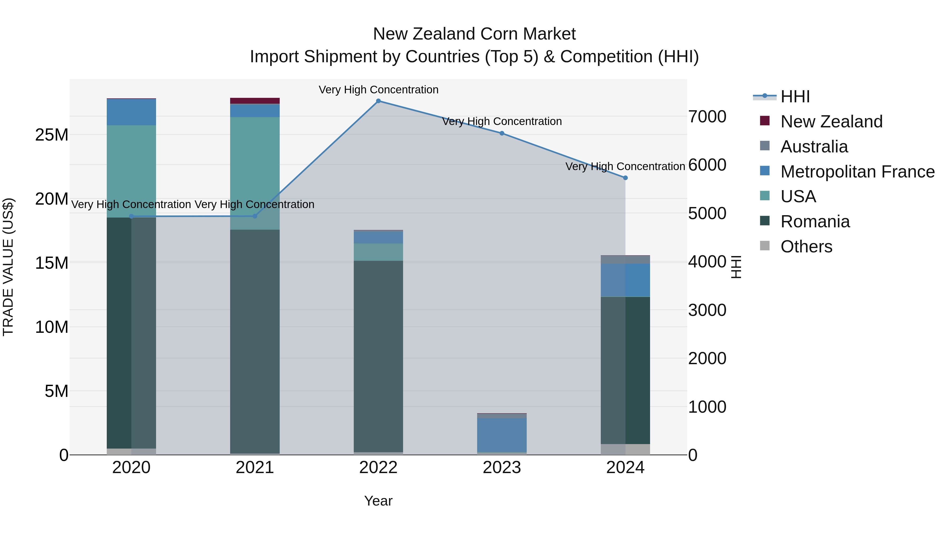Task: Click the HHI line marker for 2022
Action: [378, 101]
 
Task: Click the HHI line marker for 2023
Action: [501, 133]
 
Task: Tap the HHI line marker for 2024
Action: [625, 178]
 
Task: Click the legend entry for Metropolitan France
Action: [857, 172]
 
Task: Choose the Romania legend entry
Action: [815, 222]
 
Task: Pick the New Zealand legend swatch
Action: [764, 121]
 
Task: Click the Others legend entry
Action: [806, 247]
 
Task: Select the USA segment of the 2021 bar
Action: [255, 173]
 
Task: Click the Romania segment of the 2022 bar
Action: [378, 356]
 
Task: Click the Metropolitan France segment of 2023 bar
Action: [501, 435]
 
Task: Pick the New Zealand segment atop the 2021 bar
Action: [255, 101]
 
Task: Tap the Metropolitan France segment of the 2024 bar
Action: [625, 280]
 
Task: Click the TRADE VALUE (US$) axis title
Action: [8, 267]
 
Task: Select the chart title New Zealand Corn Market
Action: [474, 34]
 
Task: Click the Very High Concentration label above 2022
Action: [378, 90]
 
